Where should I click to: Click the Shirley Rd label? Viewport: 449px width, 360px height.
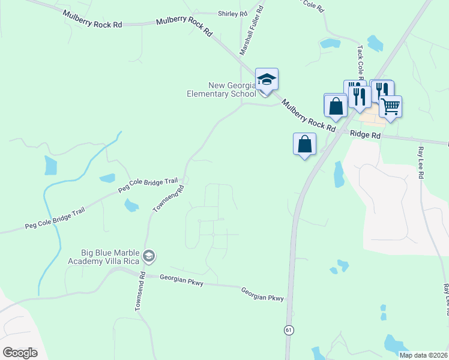pos(232,13)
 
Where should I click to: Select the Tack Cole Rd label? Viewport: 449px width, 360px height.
pos(361,62)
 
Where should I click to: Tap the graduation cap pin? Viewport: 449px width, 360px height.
pos(267,79)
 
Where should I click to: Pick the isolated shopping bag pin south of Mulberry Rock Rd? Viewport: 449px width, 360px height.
pos(305,144)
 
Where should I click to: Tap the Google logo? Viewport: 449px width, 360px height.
pos(20,352)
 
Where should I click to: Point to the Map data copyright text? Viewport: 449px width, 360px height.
pos(424,355)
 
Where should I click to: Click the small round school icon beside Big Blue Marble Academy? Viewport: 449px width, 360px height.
pos(149,257)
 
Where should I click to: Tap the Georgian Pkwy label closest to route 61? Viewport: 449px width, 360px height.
pos(262,293)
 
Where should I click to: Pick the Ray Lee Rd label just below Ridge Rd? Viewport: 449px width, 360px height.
pos(421,163)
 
